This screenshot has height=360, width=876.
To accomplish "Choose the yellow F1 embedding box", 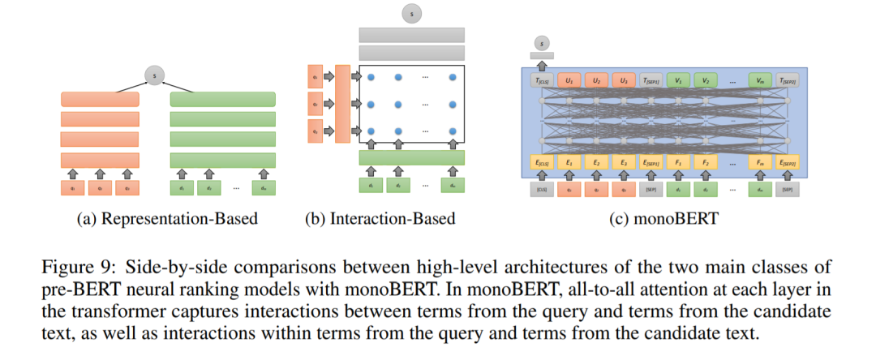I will (x=677, y=163).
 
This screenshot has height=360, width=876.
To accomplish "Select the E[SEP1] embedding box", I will (x=650, y=163).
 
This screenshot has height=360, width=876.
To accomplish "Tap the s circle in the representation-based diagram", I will (x=155, y=76).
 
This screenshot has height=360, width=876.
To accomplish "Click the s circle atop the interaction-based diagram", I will (x=412, y=13).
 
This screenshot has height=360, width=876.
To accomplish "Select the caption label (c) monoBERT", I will (x=663, y=218).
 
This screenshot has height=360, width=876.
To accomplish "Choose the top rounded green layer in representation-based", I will (x=223, y=99).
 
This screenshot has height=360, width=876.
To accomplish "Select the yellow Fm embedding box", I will (x=759, y=163).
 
